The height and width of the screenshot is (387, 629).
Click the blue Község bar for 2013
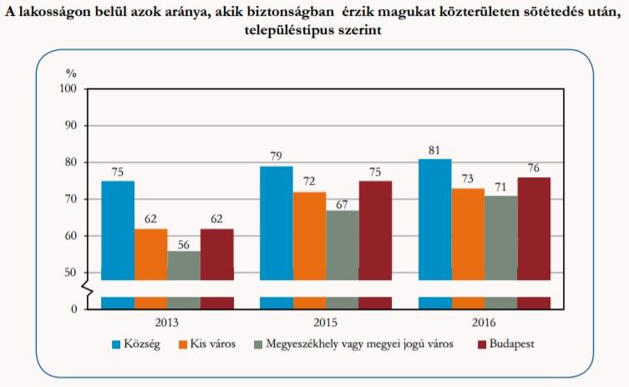[118, 230]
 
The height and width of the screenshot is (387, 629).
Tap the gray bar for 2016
[501, 237]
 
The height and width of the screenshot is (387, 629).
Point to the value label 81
[435, 150]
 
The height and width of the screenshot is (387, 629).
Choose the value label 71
[501, 187]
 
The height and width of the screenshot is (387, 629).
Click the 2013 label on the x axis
[167, 322]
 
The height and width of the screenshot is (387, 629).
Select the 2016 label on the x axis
[484, 322]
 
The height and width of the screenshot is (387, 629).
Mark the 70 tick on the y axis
[70, 199]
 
